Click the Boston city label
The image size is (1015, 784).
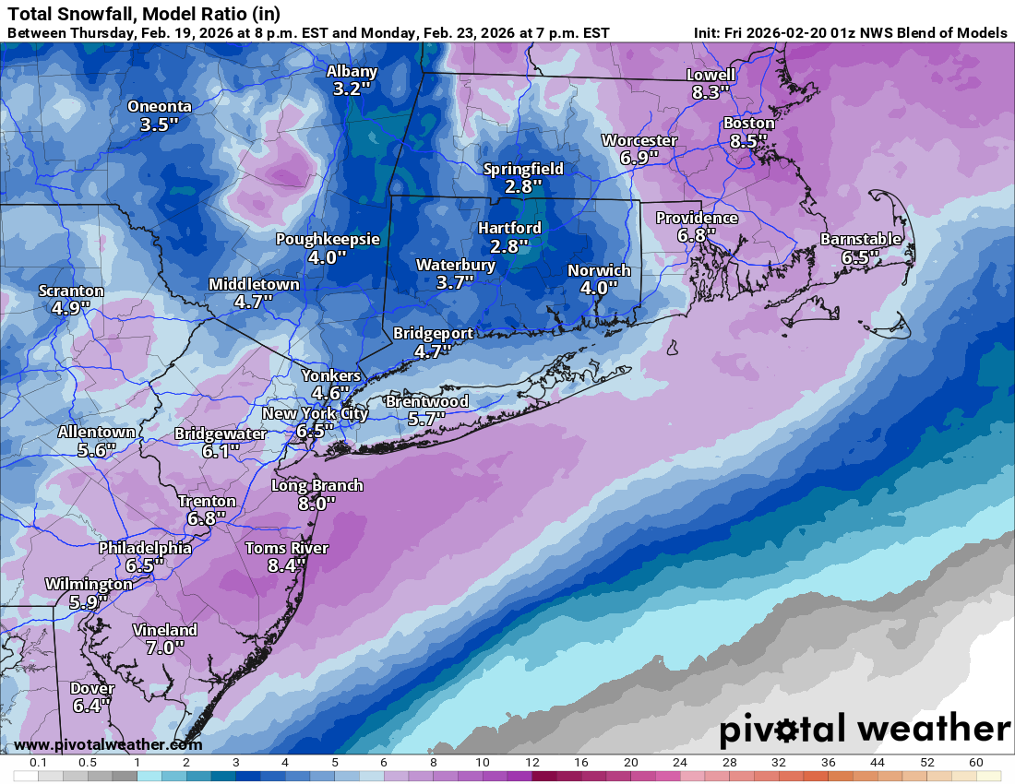click(748, 123)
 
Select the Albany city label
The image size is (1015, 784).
click(352, 72)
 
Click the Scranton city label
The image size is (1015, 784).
click(71, 291)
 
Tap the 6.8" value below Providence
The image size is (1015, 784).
click(697, 236)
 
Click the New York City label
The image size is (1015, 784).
click(315, 413)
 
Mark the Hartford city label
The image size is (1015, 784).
click(509, 228)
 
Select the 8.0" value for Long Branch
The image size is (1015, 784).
click(316, 504)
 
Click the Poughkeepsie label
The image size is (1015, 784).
click(328, 239)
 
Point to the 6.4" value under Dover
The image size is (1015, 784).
click(91, 707)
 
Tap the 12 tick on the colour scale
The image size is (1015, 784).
click(531, 763)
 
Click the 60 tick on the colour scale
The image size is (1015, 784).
click(975, 763)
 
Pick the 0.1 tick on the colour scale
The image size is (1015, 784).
click(39, 763)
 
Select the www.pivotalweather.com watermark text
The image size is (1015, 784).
click(108, 744)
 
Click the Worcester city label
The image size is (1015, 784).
click(639, 140)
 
